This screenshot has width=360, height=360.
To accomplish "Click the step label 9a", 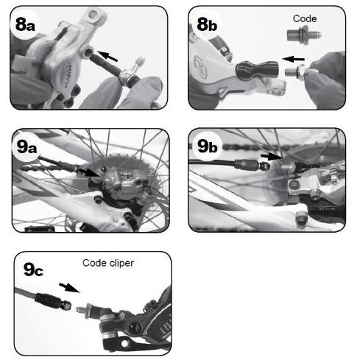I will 30,146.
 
